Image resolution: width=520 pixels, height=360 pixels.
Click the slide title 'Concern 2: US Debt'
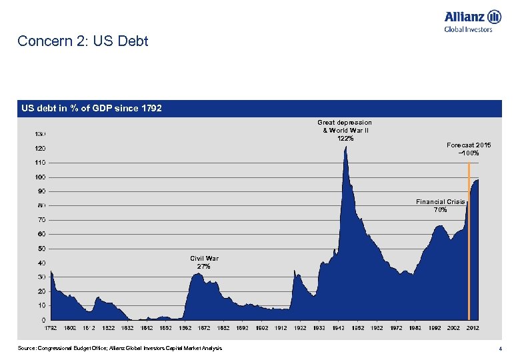pos(83,41)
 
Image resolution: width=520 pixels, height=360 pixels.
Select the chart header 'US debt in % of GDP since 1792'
pos(92,108)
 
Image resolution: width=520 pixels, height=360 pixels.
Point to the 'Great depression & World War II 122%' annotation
pos(345,130)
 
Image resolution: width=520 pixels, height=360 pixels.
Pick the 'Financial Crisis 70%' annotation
pos(440,205)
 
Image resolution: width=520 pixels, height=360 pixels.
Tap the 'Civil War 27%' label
pos(204,262)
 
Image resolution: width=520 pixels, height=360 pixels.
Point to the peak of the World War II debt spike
pos(345,147)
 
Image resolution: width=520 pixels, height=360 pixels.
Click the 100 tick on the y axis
pos(41,177)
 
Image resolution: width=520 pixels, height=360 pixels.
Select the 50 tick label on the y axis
pos(41,249)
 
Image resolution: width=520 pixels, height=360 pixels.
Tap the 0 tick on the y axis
pos(43,320)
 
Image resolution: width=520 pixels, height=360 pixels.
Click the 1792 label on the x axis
pos(51,328)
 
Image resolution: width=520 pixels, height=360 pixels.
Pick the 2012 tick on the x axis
pos(473,328)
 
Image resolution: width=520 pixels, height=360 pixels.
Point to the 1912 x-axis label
pos(281,328)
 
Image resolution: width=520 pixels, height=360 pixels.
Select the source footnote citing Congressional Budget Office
pos(120,349)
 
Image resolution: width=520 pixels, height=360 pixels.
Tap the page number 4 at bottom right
pos(500,349)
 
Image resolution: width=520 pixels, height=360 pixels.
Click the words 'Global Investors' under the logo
pos(468,29)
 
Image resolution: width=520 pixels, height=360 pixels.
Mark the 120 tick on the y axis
pos(40,149)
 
